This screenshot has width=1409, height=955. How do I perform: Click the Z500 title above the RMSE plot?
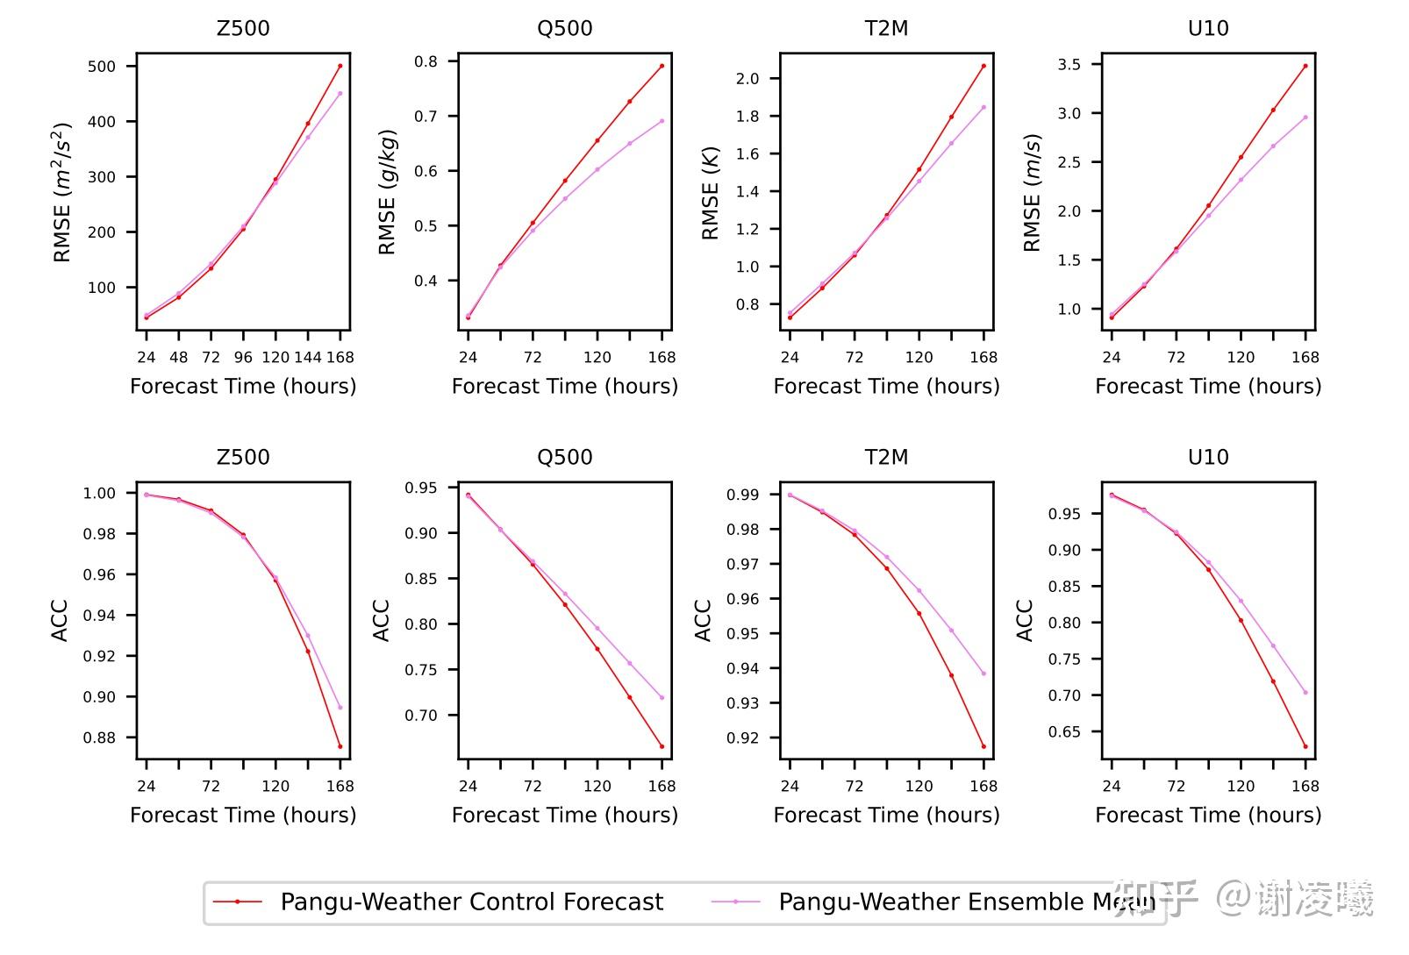coord(243,28)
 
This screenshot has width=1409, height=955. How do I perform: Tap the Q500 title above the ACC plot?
coord(564,457)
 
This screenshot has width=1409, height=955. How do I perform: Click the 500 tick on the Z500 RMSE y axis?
coord(102,67)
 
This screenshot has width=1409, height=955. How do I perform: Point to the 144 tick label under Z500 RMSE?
coord(308,357)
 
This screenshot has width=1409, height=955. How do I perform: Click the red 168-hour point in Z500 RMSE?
coord(340,66)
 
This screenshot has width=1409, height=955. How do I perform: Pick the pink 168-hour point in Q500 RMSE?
coord(662,121)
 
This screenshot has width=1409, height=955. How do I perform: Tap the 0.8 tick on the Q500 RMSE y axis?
coord(426,61)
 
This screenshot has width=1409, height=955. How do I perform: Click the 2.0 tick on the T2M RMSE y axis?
coord(747,79)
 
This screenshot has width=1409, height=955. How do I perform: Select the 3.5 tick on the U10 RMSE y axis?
coord(1069,65)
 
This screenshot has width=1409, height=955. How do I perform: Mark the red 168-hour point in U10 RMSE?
coord(1305,66)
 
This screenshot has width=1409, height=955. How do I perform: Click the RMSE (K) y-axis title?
coord(710,193)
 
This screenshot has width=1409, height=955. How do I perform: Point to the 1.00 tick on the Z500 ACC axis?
coord(99,494)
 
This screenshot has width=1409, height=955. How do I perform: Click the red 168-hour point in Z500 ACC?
coord(340,747)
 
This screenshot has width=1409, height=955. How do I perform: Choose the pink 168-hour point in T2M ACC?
coord(983,673)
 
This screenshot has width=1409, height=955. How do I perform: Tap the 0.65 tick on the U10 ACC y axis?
coord(1064,732)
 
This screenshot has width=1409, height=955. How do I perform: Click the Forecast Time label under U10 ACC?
coord(1208,815)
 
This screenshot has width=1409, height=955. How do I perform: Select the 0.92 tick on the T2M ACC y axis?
coord(743,738)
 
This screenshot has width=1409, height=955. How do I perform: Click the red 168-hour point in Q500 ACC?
coord(662,747)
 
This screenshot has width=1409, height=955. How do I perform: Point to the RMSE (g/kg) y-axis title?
coord(388,193)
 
